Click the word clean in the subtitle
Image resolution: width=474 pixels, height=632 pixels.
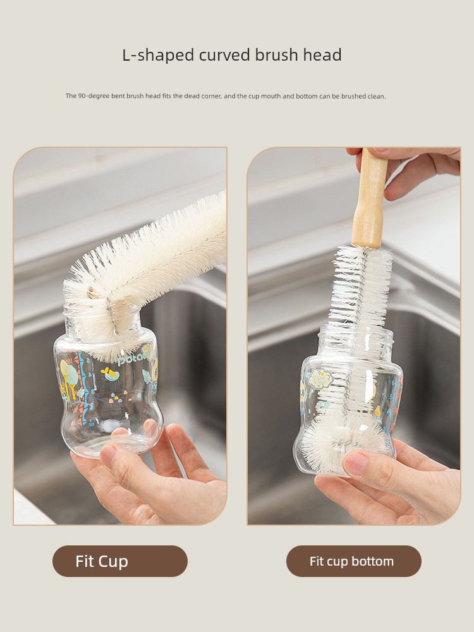[x=377, y=96]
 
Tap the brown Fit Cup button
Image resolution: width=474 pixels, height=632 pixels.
[x=119, y=561]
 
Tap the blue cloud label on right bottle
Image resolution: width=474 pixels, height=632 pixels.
[x=321, y=379]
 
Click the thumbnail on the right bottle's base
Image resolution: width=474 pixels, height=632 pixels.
[x=355, y=463]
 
